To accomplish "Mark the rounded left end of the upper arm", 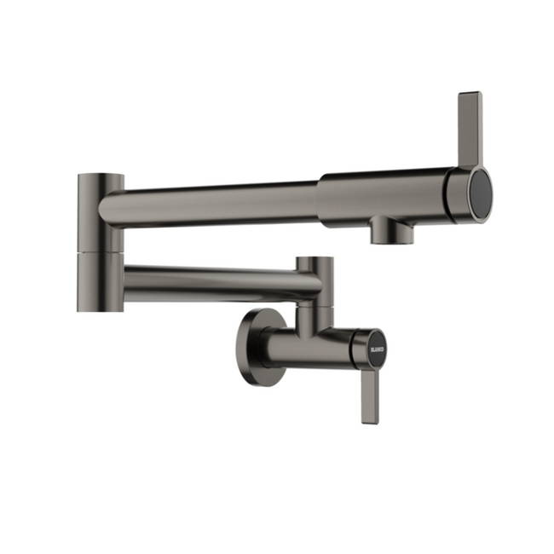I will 105,208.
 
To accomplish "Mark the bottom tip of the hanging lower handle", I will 374,419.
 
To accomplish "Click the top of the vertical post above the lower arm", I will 315,259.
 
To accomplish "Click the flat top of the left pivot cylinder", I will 101,176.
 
